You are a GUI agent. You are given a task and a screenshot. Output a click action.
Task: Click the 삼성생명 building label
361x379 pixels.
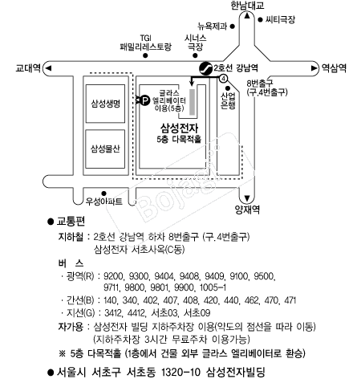[105, 104]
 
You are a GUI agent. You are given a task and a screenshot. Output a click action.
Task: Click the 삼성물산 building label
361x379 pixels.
[105, 149]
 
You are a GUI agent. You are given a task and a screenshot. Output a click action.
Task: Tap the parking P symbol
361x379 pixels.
[144, 100]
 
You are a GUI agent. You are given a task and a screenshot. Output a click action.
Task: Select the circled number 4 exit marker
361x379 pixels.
[223, 79]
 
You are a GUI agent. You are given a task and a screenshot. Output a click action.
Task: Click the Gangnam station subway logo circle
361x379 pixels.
[205, 68]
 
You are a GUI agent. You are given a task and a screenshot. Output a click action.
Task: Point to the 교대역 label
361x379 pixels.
[28, 68]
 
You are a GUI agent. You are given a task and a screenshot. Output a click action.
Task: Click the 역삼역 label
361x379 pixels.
[334, 68]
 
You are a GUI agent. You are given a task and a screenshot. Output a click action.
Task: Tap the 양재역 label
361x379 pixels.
[247, 210]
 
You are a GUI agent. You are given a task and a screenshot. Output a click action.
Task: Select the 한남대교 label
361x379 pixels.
[247, 6]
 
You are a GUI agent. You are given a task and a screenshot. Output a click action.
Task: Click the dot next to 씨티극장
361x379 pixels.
[260, 19]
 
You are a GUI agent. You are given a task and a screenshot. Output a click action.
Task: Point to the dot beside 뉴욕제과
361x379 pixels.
[233, 26]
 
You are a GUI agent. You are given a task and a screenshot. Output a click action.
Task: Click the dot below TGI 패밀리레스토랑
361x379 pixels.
[145, 55]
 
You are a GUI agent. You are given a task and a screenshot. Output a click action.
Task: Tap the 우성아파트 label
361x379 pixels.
[103, 202]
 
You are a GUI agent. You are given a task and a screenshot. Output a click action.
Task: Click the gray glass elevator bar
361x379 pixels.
[192, 102]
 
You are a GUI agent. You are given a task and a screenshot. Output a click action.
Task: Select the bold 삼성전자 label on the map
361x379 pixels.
[179, 128]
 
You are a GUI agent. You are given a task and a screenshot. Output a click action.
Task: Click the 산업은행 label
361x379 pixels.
[228, 100]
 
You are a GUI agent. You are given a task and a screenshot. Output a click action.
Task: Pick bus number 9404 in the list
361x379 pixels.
[164, 276]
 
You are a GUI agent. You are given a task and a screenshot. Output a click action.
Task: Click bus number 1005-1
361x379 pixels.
[213, 287]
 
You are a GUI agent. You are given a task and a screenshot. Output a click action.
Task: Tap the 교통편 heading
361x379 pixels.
[71, 221]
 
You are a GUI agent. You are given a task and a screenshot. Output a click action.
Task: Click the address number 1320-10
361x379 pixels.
[180, 372]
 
